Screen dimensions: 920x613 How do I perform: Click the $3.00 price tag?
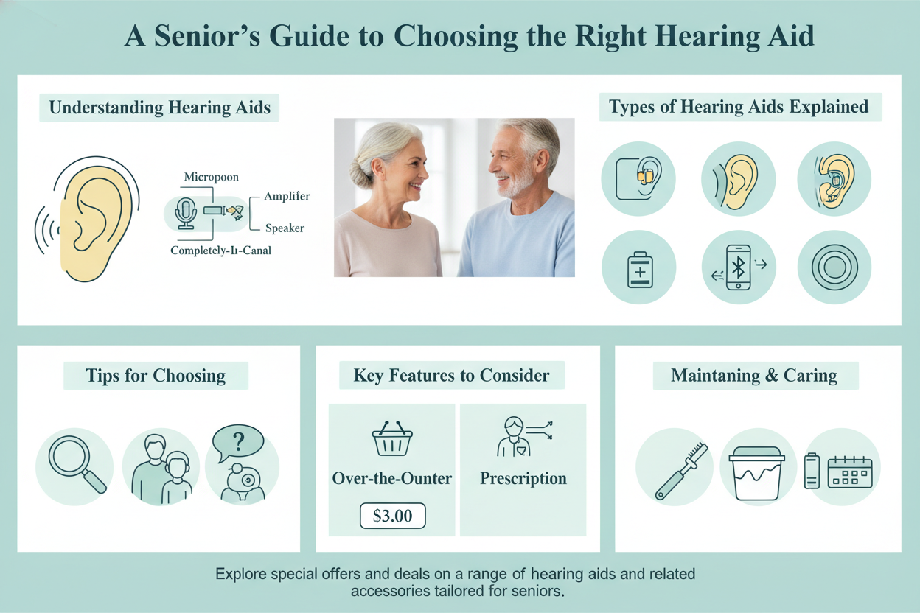point(392,516)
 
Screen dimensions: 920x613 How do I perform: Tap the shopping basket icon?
point(392,438)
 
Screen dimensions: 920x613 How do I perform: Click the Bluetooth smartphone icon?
point(738,267)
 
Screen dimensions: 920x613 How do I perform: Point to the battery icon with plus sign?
point(640,270)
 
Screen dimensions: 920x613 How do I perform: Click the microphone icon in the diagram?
point(186,214)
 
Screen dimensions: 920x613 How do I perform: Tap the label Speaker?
point(285,228)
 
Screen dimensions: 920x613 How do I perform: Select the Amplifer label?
point(287,196)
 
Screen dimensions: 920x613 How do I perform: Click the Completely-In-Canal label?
point(221,250)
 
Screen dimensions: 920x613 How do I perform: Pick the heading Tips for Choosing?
point(156,375)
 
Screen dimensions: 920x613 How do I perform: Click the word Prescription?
point(523,478)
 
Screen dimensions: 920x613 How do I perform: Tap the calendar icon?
point(850,472)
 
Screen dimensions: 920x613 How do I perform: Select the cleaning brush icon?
point(681,472)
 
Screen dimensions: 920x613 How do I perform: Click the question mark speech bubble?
point(238,443)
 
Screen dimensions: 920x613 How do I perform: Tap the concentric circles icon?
point(834,267)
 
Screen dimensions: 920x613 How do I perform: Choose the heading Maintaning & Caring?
point(754,375)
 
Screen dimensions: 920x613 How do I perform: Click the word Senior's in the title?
point(207,35)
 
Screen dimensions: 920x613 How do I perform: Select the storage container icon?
point(756,473)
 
